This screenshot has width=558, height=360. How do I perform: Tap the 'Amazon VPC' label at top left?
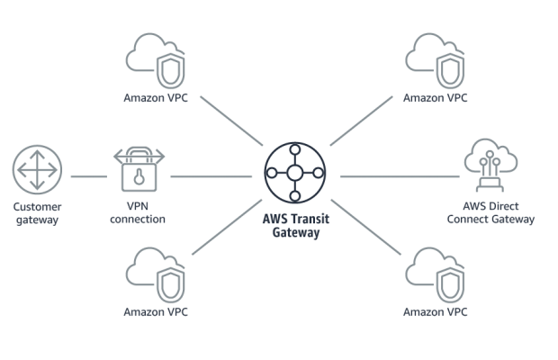tap(157, 94)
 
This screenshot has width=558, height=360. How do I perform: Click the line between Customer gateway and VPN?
tap(87, 176)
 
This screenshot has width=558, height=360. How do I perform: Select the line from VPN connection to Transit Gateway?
tap(211, 176)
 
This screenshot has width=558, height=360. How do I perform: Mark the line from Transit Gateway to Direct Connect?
tap(396, 176)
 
